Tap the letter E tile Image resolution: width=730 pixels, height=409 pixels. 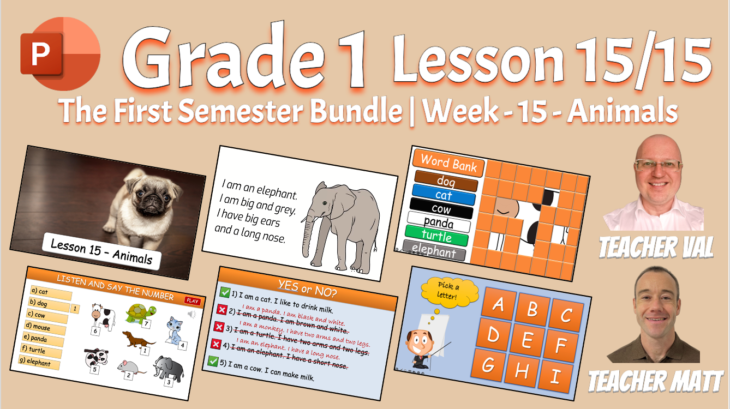526,341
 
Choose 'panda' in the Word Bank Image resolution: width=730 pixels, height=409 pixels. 438,222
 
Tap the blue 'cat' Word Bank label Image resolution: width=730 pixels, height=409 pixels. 444,195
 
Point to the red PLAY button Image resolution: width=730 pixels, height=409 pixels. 193,300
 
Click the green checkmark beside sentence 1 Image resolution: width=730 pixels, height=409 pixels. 224,293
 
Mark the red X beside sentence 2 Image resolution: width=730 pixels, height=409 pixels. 222,310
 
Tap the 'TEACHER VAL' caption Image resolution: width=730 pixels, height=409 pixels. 656,248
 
